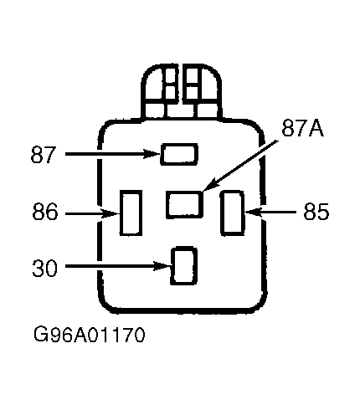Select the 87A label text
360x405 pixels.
[302, 128]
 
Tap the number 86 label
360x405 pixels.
[45, 212]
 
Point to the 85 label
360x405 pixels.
[316, 212]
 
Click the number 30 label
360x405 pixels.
[45, 268]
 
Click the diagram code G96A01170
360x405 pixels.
[90, 335]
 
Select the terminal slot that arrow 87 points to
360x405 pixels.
[179, 154]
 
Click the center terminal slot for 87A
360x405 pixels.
[184, 204]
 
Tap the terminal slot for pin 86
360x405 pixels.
[131, 213]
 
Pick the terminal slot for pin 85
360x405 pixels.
[232, 213]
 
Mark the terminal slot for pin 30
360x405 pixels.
[184, 266]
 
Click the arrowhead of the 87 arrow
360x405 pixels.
[152, 154]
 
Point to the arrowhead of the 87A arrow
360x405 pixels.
[211, 185]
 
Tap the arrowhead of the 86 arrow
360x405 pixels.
[111, 214]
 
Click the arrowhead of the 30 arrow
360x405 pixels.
[162, 266]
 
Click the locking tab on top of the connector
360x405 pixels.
[181, 91]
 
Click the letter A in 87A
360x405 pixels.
[315, 128]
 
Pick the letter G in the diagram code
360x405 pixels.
[41, 335]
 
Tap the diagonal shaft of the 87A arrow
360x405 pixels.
[240, 166]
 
